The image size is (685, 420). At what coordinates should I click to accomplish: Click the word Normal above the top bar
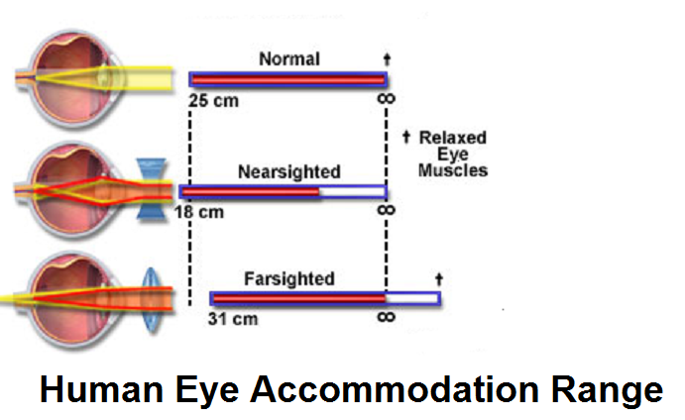288,59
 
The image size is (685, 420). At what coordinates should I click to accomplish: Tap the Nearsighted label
288,171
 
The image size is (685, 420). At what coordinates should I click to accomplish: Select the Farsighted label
288,278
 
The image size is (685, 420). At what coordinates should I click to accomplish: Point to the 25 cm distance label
218,101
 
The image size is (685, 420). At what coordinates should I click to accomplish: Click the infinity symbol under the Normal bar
387,99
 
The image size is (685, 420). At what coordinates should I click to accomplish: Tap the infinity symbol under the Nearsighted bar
387,210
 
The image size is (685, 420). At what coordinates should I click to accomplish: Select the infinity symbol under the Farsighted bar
387,317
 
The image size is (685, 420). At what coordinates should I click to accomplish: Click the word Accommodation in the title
413,389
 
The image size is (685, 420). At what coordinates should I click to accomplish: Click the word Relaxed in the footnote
452,138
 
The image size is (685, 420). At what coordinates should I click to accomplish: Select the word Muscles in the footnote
454,170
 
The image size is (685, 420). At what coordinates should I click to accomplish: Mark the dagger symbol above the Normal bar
386,58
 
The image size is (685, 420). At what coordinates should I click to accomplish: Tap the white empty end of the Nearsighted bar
352,190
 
